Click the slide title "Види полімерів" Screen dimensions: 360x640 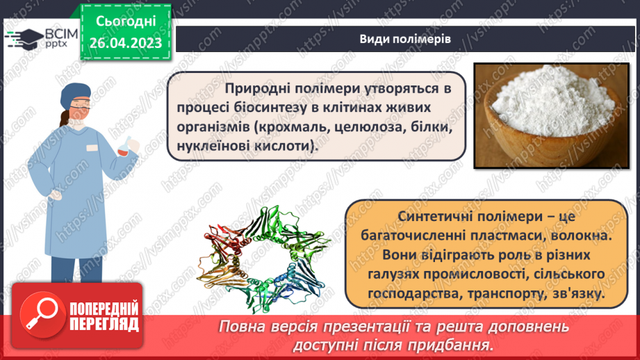click(x=405, y=39)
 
